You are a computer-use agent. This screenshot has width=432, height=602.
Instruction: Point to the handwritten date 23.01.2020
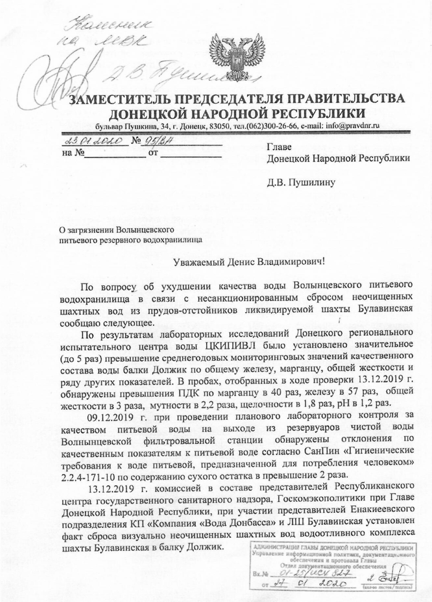coord(94,141)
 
